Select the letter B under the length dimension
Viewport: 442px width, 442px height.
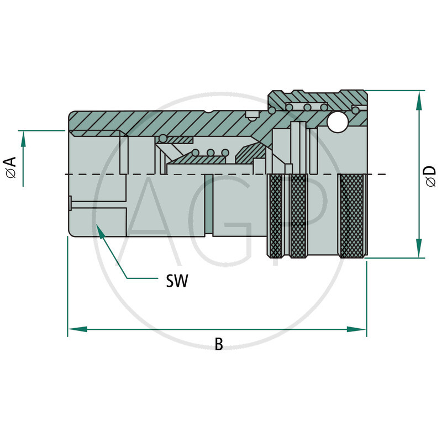click(219, 344)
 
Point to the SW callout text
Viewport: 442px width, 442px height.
click(177, 282)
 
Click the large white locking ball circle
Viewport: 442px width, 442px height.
click(336, 123)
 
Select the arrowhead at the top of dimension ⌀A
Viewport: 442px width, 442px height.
click(24, 139)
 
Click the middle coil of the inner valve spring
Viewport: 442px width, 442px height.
click(211, 152)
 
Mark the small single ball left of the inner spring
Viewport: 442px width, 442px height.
click(163, 138)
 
